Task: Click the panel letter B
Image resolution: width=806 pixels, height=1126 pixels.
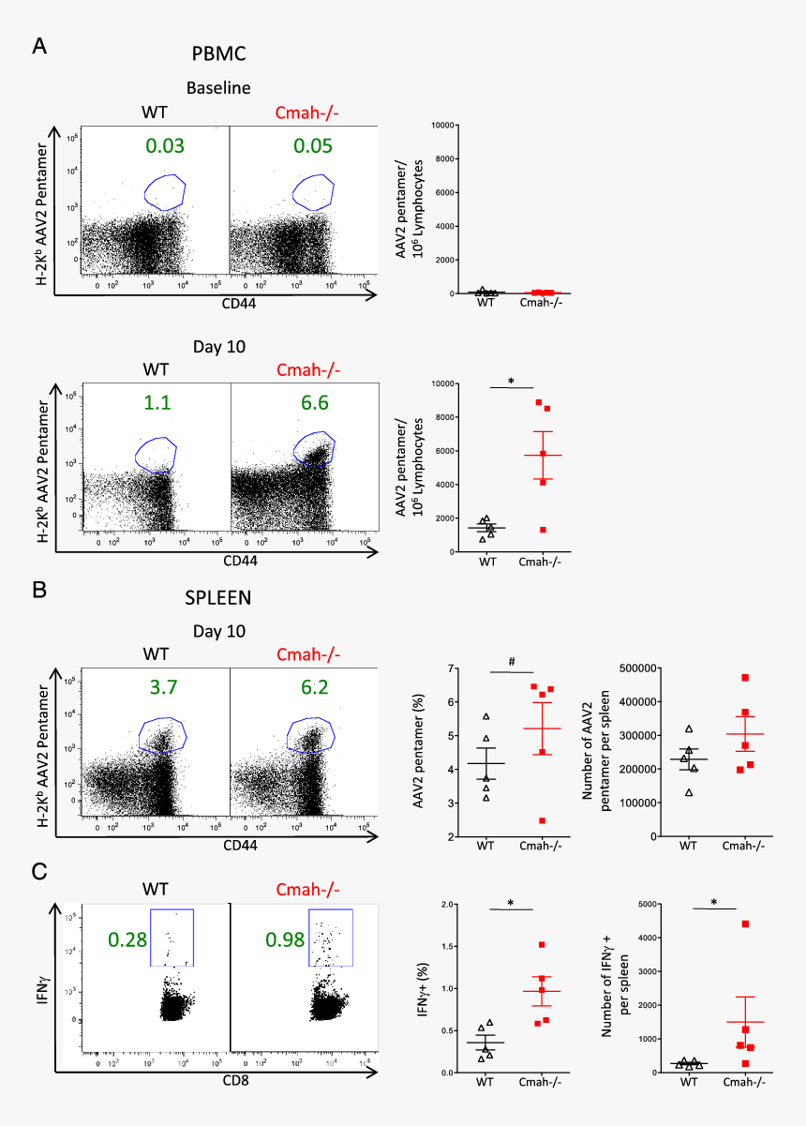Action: [39, 591]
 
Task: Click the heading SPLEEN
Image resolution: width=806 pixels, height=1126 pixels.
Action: [218, 596]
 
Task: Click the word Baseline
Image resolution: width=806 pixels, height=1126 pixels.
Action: [218, 88]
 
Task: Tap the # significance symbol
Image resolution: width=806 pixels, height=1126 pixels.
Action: [511, 660]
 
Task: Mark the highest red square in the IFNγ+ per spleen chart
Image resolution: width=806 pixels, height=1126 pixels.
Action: [745, 924]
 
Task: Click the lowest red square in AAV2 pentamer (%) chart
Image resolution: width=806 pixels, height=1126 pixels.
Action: [542, 820]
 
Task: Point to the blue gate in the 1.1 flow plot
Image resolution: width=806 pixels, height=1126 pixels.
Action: [156, 454]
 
